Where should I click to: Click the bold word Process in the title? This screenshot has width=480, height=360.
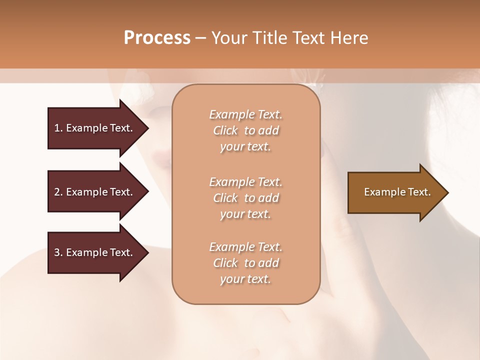(x=157, y=38)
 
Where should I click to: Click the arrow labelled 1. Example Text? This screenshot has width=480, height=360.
(x=94, y=128)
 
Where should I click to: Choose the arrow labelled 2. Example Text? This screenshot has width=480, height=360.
(x=94, y=192)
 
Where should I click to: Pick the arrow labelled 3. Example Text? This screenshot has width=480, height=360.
(x=94, y=252)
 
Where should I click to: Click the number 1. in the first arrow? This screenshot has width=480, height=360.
(x=58, y=128)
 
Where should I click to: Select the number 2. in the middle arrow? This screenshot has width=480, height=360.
(x=58, y=192)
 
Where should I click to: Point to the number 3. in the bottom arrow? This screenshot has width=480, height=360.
(x=58, y=252)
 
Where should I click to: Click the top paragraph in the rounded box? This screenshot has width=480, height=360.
(x=245, y=130)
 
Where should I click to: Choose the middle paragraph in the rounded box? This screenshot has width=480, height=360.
(x=245, y=198)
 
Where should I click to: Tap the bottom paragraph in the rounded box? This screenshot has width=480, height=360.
(x=245, y=263)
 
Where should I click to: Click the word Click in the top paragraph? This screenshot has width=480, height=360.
(x=225, y=130)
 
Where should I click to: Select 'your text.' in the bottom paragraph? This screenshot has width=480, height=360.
(x=245, y=279)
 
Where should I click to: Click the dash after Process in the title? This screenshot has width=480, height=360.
(x=201, y=38)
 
